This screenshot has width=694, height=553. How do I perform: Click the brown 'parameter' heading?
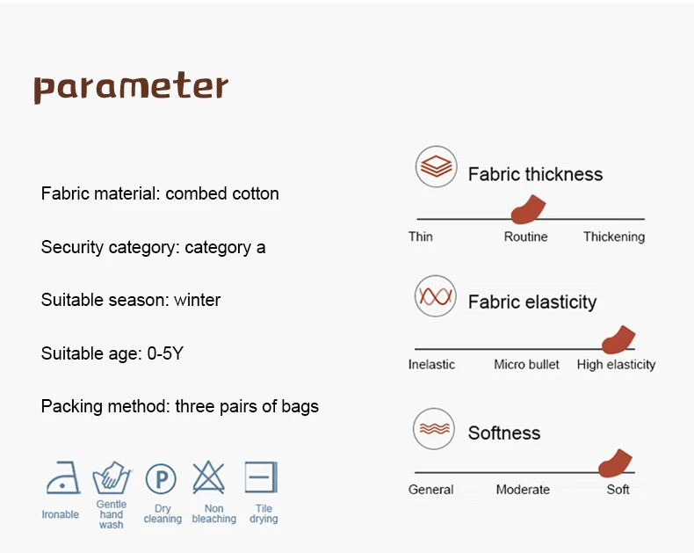click(x=131, y=87)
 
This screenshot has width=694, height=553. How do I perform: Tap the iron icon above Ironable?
click(x=63, y=477)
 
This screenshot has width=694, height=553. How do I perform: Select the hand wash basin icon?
click(x=112, y=477)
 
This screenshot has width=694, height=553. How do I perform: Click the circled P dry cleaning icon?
click(x=161, y=478)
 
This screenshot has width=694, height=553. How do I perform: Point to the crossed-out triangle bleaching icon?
click(x=209, y=477)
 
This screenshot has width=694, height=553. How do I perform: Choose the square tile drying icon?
click(x=261, y=477)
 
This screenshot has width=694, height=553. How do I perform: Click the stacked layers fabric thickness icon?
click(x=436, y=167)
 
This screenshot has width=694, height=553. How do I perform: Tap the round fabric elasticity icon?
click(x=436, y=296)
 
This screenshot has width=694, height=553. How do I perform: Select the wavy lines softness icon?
click(x=434, y=429)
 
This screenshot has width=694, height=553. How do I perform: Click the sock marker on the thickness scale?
click(x=528, y=209)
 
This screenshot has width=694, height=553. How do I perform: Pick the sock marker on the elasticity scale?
click(x=618, y=340)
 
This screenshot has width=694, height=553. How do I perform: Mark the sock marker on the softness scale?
click(x=615, y=463)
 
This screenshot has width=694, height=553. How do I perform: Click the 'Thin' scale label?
click(x=421, y=236)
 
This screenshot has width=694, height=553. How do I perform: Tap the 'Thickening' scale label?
click(x=614, y=237)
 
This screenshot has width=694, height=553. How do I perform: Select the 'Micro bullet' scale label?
click(x=526, y=365)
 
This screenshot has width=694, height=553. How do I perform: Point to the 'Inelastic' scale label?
click(x=431, y=365)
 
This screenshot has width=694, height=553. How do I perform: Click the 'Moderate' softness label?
click(x=523, y=490)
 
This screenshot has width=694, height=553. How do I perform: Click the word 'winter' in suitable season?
click(x=197, y=300)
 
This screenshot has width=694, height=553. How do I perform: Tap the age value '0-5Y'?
click(x=165, y=353)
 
